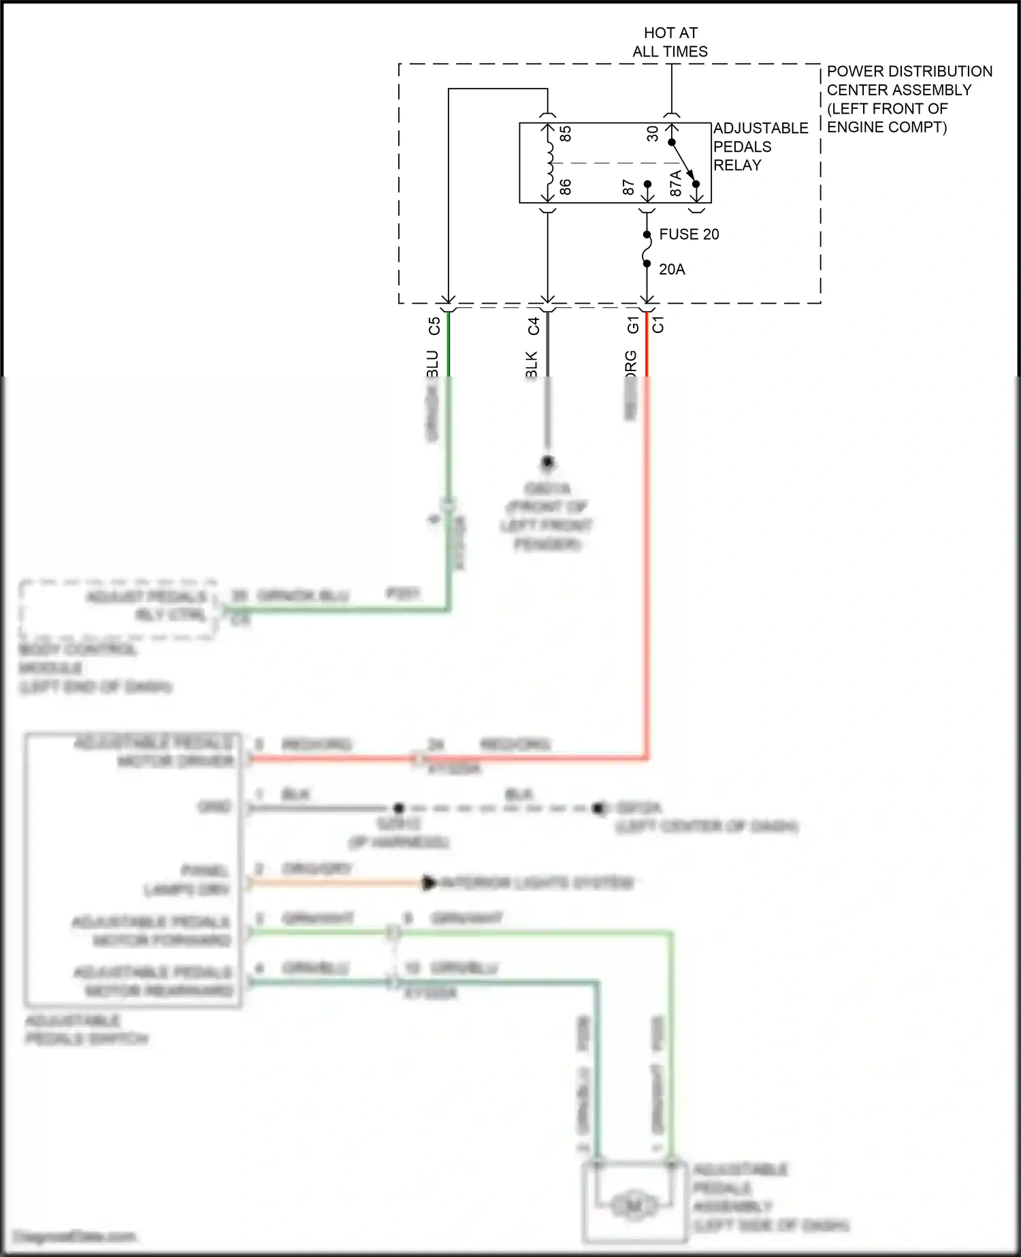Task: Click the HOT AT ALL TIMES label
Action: pos(670,42)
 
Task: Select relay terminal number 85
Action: pos(565,133)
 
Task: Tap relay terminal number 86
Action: pos(565,187)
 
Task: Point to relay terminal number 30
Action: pos(653,133)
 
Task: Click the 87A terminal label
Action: pos(675,184)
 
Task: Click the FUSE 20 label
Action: pos(689,234)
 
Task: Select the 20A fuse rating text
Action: pos(672,270)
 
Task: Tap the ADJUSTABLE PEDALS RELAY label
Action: pos(760,146)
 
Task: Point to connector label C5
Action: pos(434,326)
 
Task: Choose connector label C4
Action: pos(534,326)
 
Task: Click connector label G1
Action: pos(632,325)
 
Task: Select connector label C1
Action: pos(658,325)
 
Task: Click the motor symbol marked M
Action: pos(633,1207)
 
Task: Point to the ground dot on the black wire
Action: pos(547,463)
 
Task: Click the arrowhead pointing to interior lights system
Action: pos(430,883)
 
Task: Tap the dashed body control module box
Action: pos(117,609)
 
